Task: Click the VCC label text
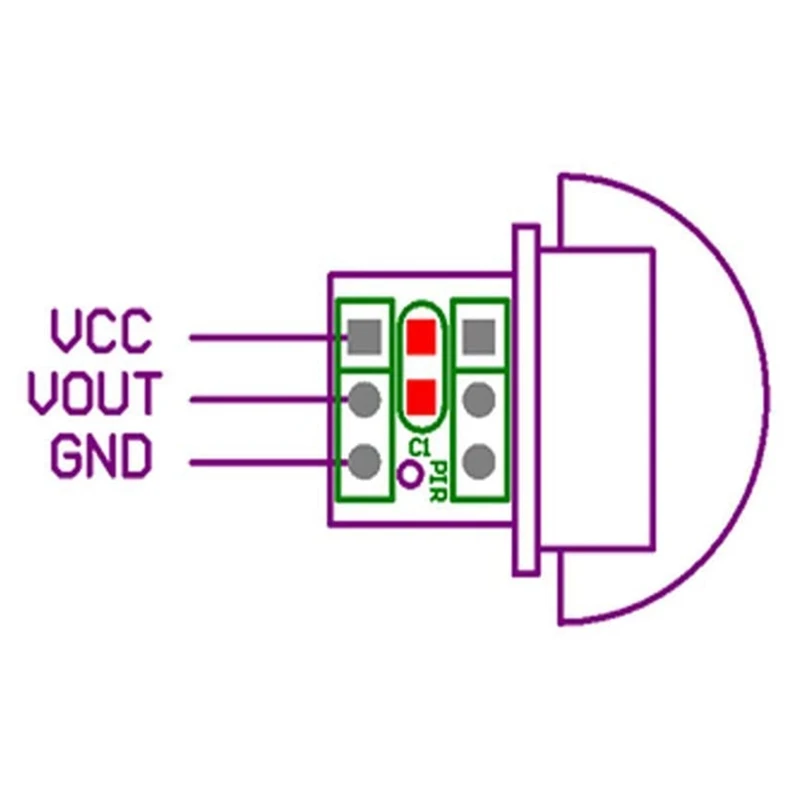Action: click(101, 332)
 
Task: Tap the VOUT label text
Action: click(93, 394)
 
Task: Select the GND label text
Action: click(101, 457)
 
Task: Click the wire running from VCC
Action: click(260, 337)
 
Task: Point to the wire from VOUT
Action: click(260, 400)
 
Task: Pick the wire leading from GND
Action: click(260, 462)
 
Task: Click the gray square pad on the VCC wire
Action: click(365, 337)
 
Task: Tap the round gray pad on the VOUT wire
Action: click(365, 400)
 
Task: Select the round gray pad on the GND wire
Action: click(365, 462)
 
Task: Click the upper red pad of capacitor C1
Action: click(422, 335)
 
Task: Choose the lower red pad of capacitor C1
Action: click(422, 396)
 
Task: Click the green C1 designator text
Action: click(420, 447)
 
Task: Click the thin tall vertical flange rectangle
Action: click(526, 400)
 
